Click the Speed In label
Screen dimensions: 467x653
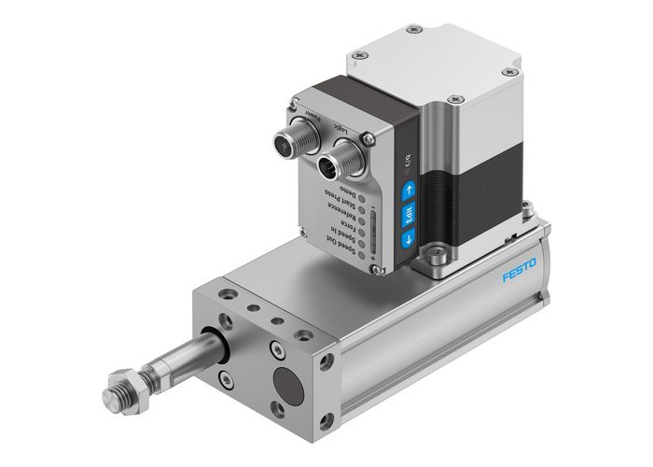pos(330,233)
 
